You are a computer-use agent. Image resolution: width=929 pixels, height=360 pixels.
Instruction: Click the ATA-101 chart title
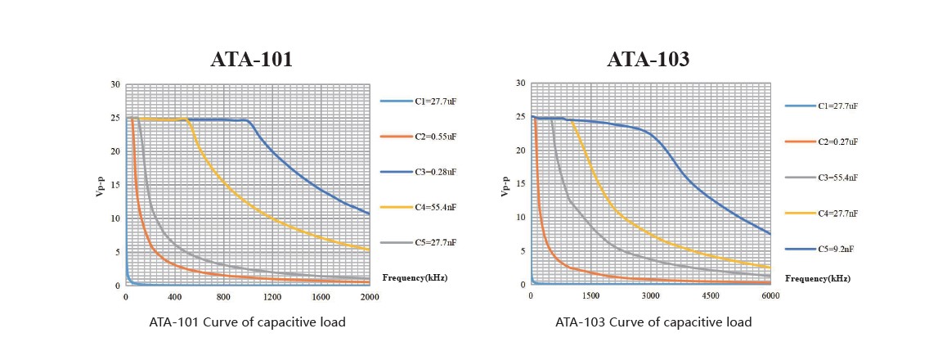point(251,60)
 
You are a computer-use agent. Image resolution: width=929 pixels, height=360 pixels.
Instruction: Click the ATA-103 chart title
point(648,60)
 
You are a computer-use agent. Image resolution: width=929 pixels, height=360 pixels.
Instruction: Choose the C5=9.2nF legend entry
point(837,249)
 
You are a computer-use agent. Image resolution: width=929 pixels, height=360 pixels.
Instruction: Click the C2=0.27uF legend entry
point(838,142)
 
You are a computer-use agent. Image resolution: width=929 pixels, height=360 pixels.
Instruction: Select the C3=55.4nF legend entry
point(838,178)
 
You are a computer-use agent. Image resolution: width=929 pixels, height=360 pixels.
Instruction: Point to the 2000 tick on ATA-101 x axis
point(370,297)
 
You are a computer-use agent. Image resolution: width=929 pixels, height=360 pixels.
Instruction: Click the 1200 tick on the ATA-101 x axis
point(272,297)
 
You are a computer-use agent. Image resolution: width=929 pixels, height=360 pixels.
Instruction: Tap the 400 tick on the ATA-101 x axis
point(175,297)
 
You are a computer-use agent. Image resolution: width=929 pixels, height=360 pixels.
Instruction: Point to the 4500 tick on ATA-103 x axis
point(711,296)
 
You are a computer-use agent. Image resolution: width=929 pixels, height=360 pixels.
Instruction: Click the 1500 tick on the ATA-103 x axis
point(591,296)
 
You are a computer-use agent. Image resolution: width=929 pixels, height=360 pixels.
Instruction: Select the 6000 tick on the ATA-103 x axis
point(770,296)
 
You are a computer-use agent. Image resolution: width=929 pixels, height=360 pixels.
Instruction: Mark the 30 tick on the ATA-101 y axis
point(116,84)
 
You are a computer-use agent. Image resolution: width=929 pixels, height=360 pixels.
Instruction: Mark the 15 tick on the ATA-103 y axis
point(521,184)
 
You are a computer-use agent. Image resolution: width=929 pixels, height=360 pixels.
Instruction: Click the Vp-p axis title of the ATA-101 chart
point(99,185)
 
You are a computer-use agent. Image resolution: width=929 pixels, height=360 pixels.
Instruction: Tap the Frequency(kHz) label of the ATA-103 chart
point(818,278)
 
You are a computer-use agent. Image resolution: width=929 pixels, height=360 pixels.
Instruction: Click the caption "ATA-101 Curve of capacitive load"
point(247,322)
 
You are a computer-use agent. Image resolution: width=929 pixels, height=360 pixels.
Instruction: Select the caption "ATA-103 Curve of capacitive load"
point(653,322)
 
